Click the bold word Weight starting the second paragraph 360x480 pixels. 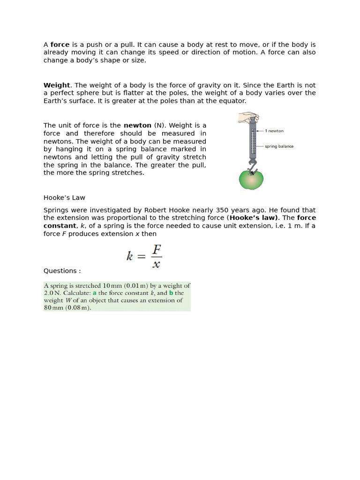[x=56, y=85]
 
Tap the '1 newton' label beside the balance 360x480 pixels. [x=274, y=131]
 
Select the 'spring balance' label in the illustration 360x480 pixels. [x=279, y=146]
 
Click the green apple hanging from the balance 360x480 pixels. [x=251, y=179]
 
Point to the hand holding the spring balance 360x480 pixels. [x=248, y=117]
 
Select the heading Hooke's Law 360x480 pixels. [x=64, y=198]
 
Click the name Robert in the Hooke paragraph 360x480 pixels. [x=156, y=210]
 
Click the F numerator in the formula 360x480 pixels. [x=157, y=248]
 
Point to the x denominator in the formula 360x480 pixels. [x=157, y=264]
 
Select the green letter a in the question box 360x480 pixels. [x=95, y=293]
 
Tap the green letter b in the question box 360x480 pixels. [x=171, y=293]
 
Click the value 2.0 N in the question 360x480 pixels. [x=52, y=293]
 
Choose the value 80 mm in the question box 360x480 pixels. [x=53, y=308]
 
